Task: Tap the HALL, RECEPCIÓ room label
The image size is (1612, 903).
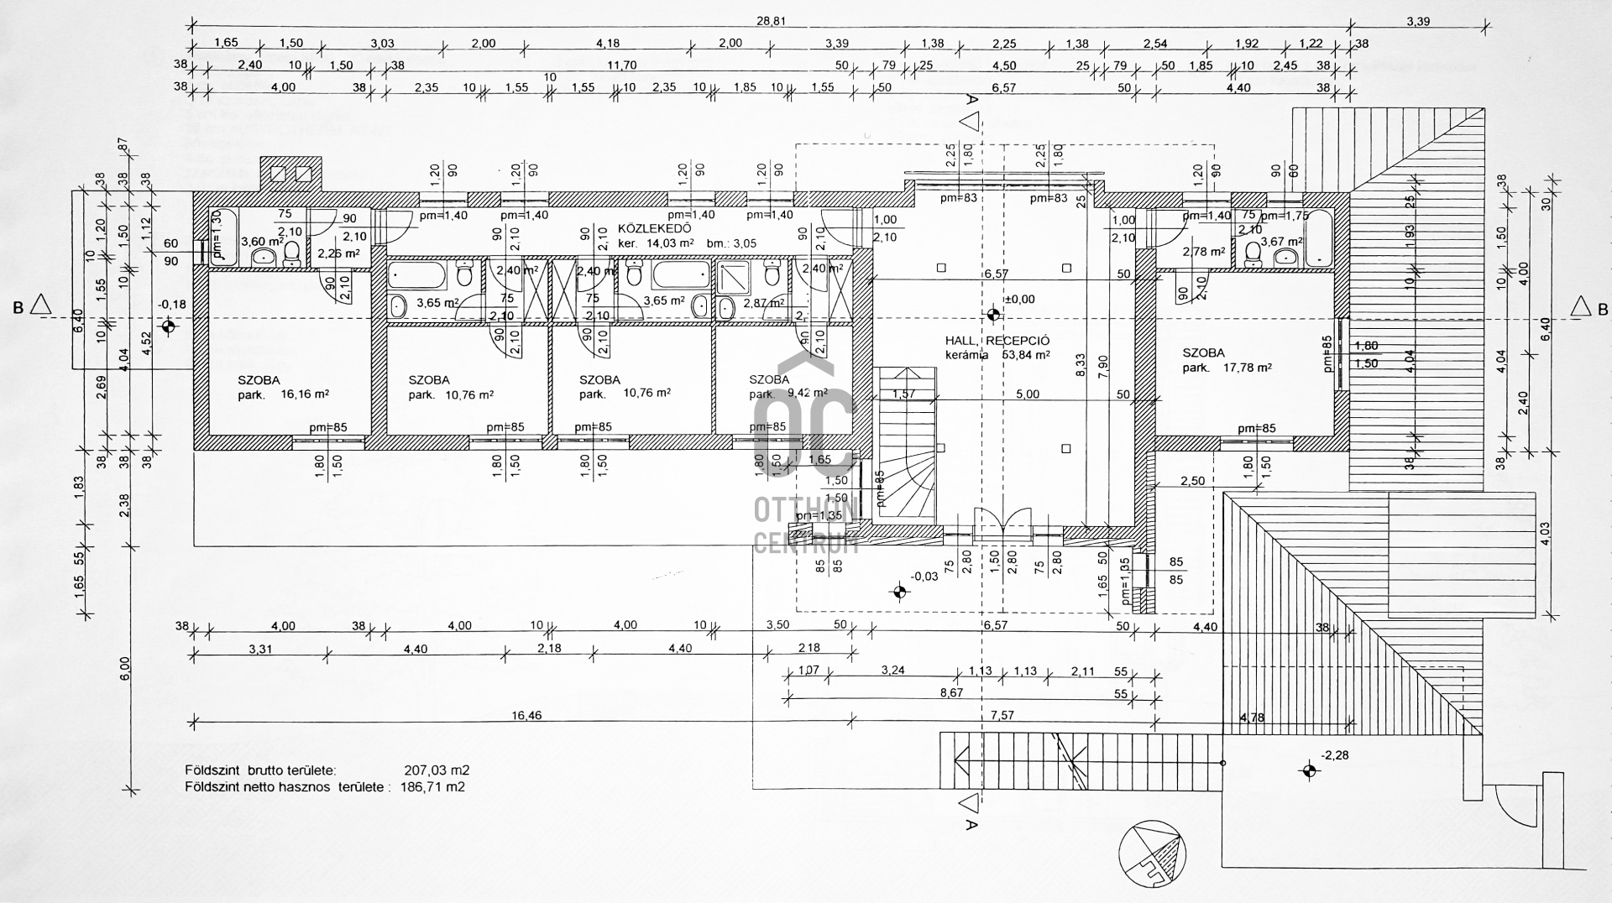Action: click(997, 341)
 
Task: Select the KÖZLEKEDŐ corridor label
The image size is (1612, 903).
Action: click(654, 228)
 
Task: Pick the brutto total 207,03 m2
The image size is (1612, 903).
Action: click(437, 770)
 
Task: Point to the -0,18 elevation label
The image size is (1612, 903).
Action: click(172, 305)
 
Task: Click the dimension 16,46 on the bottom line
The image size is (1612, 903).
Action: click(526, 716)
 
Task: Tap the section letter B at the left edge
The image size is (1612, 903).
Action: click(18, 308)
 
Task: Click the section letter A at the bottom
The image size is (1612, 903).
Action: click(971, 825)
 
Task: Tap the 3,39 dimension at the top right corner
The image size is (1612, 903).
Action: click(1418, 21)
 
